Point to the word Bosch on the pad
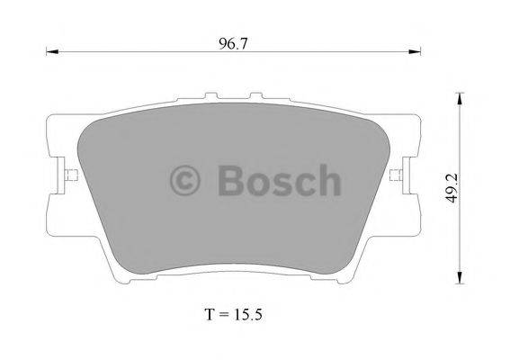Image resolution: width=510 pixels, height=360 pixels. pos(279,181)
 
